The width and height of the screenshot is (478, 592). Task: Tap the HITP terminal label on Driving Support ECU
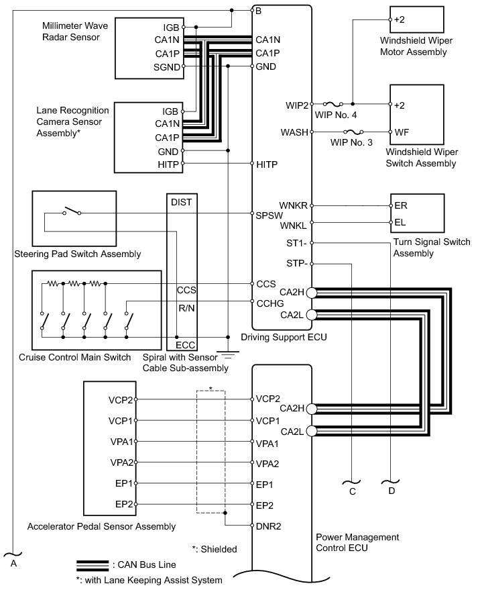coord(266,164)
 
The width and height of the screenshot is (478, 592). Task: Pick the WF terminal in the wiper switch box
coord(401,132)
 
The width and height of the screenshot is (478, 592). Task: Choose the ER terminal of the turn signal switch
coord(401,205)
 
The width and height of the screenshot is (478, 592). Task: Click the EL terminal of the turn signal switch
coord(401,222)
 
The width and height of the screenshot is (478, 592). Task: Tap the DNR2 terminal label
coord(268,526)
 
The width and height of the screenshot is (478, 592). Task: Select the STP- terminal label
coord(296,264)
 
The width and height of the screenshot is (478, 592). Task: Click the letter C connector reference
coord(351,491)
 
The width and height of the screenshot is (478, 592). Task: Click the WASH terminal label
coord(294,132)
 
